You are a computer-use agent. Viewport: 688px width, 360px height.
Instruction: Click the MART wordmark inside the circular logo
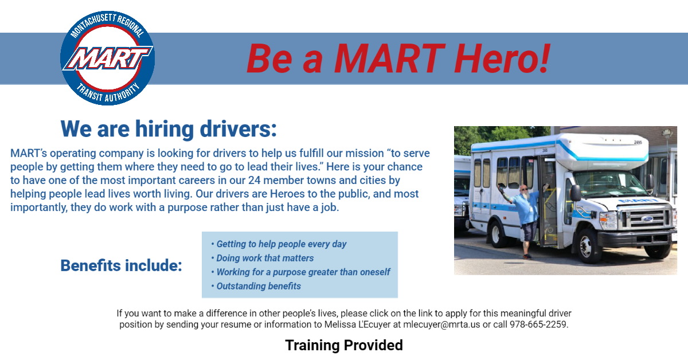click(x=108, y=58)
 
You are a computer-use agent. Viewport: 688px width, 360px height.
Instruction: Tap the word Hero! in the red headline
click(x=502, y=58)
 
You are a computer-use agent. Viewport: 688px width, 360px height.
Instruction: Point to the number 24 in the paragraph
click(x=255, y=181)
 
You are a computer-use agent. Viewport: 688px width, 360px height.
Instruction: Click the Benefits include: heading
click(x=122, y=265)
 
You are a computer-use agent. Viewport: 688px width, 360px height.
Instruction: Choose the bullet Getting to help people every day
click(x=279, y=244)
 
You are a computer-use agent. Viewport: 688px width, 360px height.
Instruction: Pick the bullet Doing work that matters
click(x=263, y=258)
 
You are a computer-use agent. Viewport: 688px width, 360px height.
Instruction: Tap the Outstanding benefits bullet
click(x=256, y=286)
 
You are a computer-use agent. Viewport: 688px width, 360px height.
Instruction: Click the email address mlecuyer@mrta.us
click(x=441, y=324)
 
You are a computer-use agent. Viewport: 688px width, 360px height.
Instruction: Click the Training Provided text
click(x=344, y=345)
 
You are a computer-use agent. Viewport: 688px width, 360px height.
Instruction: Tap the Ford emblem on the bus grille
click(x=647, y=219)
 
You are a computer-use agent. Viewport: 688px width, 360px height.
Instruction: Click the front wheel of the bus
click(x=587, y=246)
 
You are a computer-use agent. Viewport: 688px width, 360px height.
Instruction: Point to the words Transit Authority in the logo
click(x=108, y=93)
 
